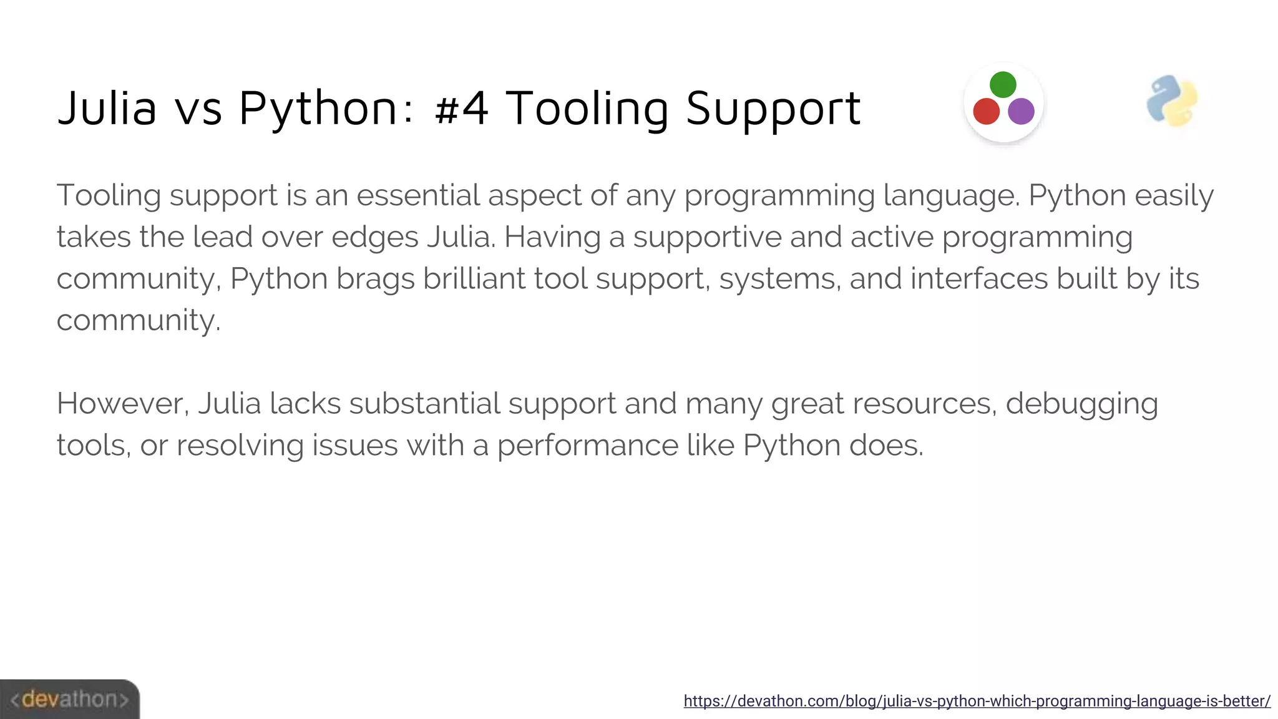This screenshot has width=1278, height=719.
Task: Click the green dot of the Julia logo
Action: click(x=1003, y=85)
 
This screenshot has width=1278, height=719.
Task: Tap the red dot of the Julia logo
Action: click(x=987, y=112)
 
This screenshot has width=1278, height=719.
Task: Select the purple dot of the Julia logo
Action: click(x=1021, y=112)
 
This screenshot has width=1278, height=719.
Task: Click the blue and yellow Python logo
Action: click(x=1172, y=101)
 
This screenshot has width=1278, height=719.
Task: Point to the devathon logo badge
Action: click(x=69, y=699)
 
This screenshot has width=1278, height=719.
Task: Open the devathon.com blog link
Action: click(x=977, y=701)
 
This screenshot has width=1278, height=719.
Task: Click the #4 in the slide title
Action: click(x=462, y=108)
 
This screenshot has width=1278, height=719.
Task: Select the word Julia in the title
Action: click(x=107, y=108)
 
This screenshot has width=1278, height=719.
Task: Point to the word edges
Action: click(x=374, y=238)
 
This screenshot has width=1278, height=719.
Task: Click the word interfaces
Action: click(x=978, y=278)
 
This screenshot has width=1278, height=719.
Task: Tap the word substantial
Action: click(x=424, y=404)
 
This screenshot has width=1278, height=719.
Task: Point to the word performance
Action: click(x=587, y=446)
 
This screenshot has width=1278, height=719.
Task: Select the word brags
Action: click(x=375, y=279)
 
